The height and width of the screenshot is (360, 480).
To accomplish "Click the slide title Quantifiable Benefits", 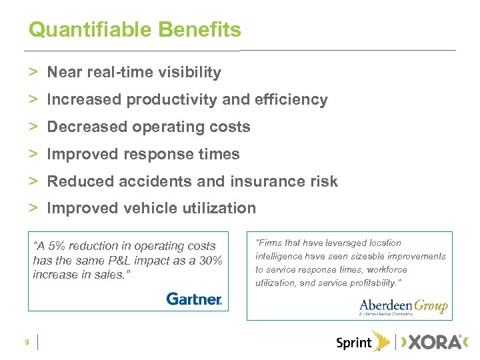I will [135, 30].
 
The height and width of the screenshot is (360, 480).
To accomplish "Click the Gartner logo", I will [194, 299].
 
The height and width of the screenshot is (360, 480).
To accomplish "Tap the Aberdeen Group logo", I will [403, 307].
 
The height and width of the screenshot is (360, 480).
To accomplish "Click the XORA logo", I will [433, 342].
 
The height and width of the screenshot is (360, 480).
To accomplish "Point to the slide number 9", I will [26, 342].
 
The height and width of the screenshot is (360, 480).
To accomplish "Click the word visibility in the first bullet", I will [187, 72].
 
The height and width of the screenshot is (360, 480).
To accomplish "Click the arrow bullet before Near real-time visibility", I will [33, 72].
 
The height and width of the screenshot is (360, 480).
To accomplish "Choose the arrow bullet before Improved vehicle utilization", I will [33, 209].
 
